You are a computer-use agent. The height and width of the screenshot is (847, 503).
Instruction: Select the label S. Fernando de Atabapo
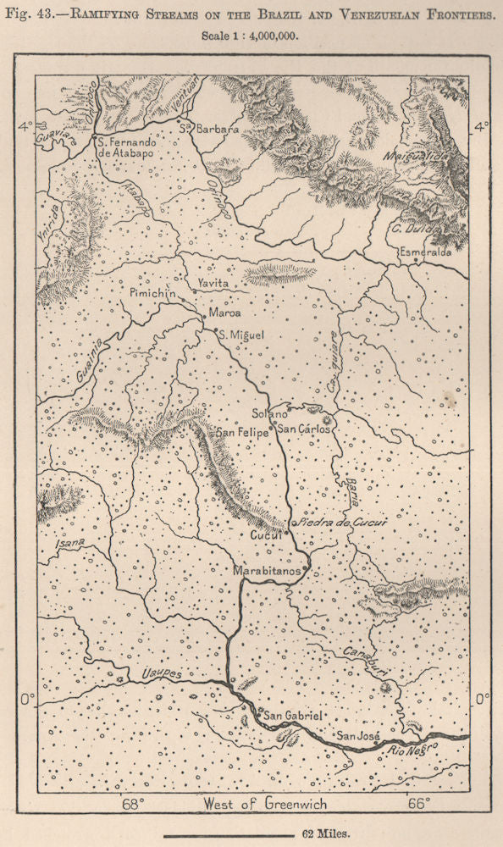(x=128, y=148)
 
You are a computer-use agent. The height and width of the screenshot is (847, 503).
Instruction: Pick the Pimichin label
(x=153, y=292)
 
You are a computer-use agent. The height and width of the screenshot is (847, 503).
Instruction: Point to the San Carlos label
(x=306, y=429)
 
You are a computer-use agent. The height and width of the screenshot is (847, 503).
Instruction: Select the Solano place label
(x=270, y=414)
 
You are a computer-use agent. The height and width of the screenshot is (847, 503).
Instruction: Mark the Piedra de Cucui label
(x=341, y=524)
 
